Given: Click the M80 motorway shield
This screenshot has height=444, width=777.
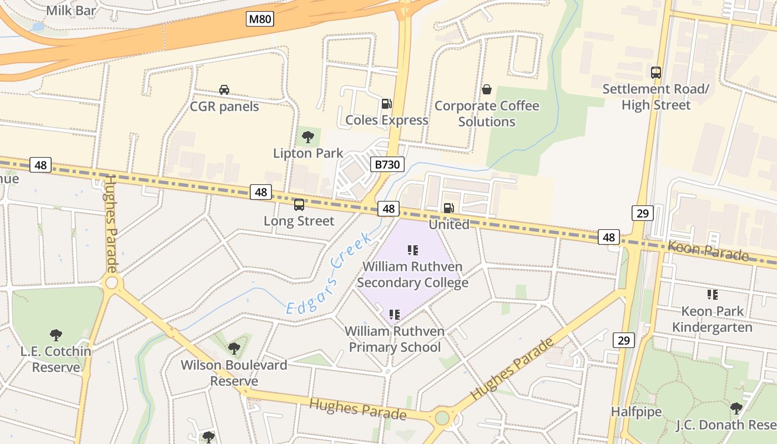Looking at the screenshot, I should point(260,19).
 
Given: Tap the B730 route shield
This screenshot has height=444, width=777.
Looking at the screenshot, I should point(386,164).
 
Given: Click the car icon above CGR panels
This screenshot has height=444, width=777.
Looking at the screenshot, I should point(224,90).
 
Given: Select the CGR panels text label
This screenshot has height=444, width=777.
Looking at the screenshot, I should point(224,107).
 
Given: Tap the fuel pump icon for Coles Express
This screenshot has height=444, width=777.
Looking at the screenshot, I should point(386,103).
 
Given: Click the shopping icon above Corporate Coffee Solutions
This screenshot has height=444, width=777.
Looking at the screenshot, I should point(487,89).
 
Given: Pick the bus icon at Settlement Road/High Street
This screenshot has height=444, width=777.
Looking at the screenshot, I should point(655,72).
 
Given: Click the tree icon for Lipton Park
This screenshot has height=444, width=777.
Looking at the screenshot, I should point(307,137).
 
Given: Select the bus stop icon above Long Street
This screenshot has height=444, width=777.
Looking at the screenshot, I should point(299,205).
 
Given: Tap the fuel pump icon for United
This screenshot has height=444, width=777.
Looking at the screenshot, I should point(448,208).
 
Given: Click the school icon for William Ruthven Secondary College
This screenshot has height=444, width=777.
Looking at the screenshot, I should point(412,250).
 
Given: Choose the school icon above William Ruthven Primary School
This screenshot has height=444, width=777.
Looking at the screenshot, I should point(395,315).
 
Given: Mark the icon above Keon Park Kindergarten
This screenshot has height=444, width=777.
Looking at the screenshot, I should point(712,295).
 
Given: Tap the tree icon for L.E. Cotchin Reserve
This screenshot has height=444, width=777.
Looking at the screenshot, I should point(56,335).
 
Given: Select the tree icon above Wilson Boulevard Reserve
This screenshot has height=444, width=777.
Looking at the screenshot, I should point(234,349).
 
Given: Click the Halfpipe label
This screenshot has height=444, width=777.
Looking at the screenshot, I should point(636,412).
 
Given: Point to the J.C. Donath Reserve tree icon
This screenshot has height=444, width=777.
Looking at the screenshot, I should point(736,408).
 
